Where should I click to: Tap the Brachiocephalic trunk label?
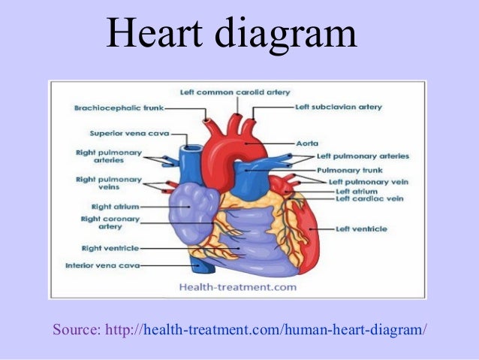click(x=119, y=108)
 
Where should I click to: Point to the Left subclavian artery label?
click(x=339, y=107)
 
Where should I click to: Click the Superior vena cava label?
click(x=129, y=133)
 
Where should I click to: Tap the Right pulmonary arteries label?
click(x=110, y=156)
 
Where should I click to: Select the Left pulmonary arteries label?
click(x=363, y=156)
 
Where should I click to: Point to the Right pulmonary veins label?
click(x=109, y=183)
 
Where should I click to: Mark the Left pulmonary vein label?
click(x=368, y=182)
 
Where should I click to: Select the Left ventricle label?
click(x=362, y=228)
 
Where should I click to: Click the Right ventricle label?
click(x=107, y=247)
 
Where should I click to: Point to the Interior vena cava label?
click(x=102, y=265)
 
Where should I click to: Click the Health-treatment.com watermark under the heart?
click(x=236, y=286)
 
